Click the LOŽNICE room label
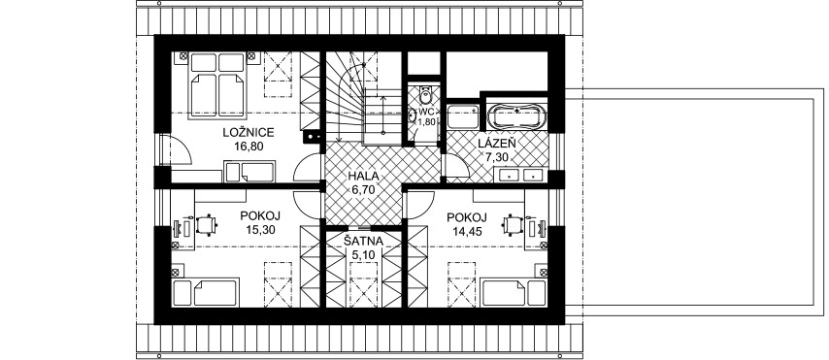click(248, 133)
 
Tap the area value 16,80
click(249, 147)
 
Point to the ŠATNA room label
click(364, 242)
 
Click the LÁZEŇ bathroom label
click(497, 143)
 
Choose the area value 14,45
click(467, 230)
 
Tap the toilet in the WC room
click(424, 94)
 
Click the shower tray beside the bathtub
click(463, 116)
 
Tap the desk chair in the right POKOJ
click(513, 225)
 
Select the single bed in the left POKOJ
click(205, 293)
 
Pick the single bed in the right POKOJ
click(514, 293)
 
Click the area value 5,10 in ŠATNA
click(363, 255)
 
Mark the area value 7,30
click(497, 156)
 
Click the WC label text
click(426, 112)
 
